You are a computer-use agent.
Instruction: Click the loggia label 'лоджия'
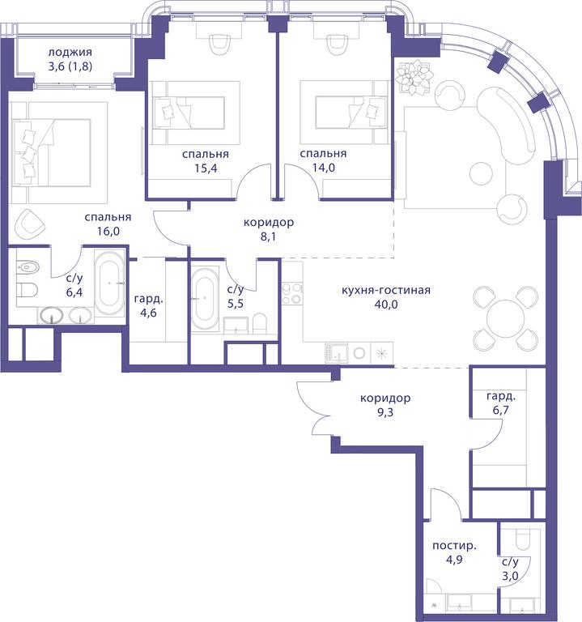[70, 53]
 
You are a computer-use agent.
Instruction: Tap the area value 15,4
[206, 168]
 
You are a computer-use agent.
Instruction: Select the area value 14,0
[323, 168]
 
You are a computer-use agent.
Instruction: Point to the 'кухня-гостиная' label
[386, 290]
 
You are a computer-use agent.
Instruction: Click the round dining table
[506, 320]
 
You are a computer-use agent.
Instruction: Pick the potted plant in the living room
[415, 77]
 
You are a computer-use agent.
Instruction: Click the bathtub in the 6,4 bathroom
[110, 283]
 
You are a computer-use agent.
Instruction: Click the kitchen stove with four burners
[291, 294]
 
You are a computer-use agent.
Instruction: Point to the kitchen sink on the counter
[337, 353]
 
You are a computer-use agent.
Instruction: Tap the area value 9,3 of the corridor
[385, 413]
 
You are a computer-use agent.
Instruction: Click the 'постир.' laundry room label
[454, 546]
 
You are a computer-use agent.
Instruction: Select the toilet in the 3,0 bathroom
[522, 540]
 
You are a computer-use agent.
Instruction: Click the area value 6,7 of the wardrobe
[501, 410]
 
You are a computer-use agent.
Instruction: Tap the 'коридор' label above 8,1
[269, 223]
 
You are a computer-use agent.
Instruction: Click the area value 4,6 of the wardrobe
[148, 313]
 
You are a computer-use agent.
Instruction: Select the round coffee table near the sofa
[482, 173]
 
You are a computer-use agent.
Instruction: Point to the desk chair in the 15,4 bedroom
[219, 44]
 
